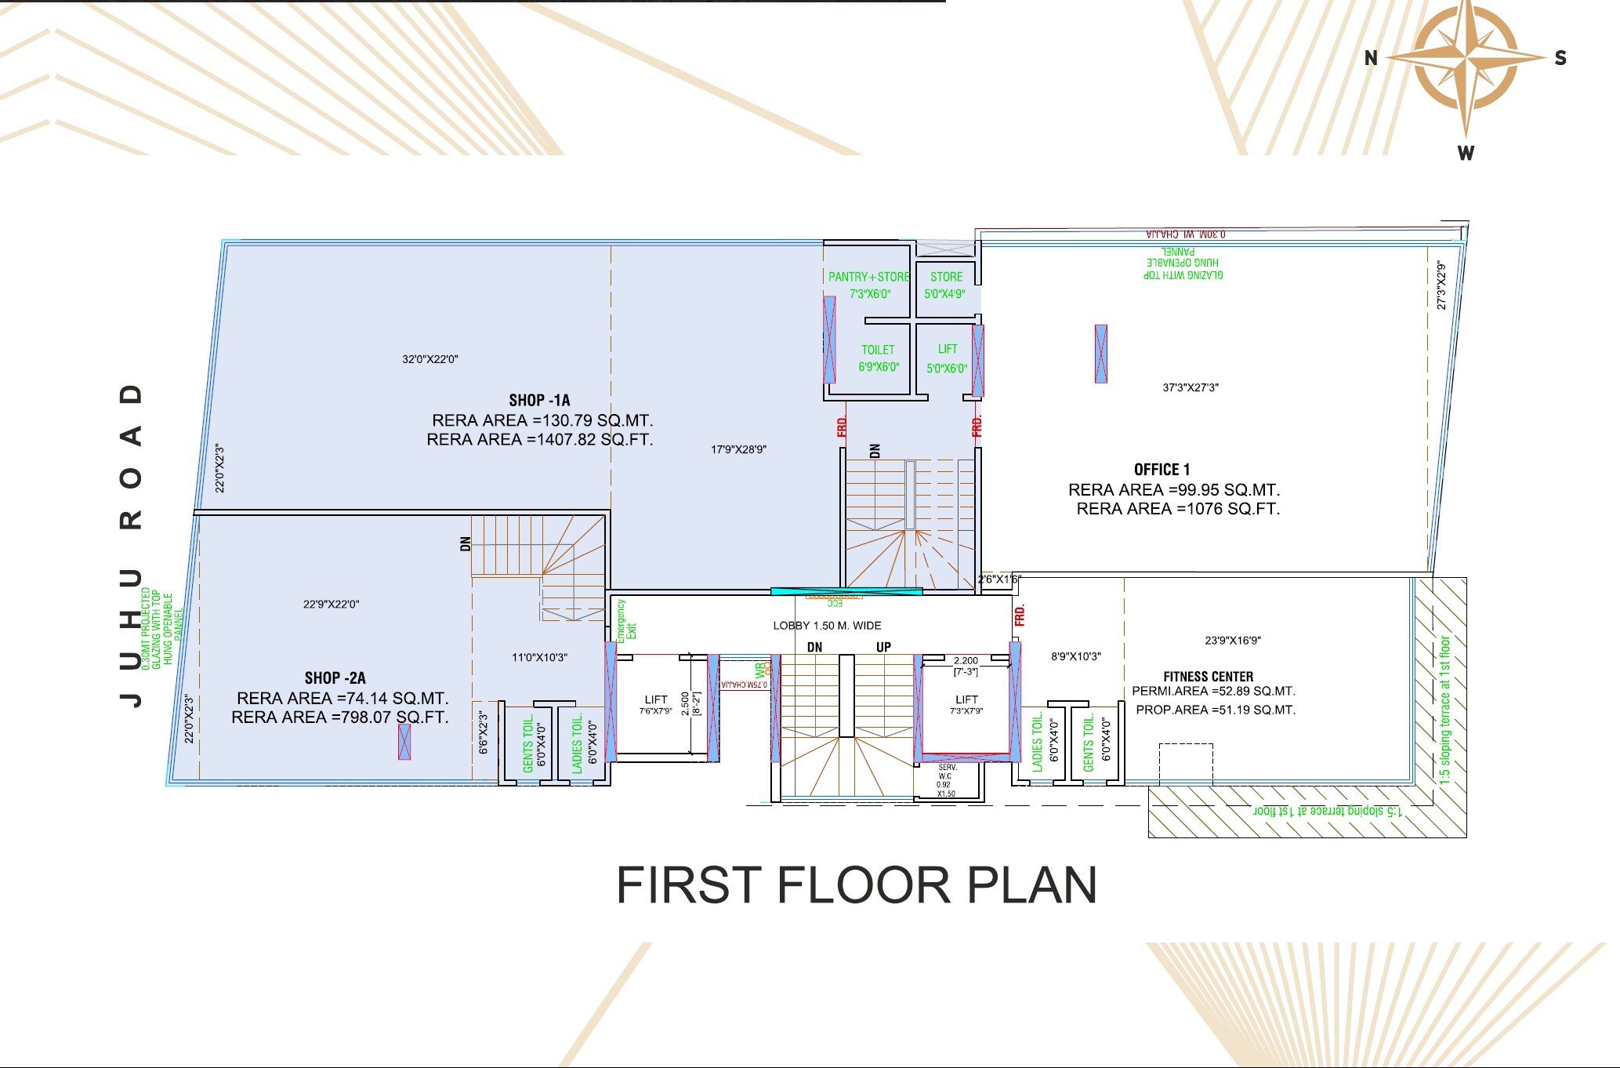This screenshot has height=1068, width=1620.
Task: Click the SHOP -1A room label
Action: click(x=539, y=401)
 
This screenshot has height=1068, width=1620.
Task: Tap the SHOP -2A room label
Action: click(x=335, y=678)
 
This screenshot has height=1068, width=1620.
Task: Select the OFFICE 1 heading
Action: click(x=1162, y=470)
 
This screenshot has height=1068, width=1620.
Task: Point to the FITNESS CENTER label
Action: click(x=1208, y=677)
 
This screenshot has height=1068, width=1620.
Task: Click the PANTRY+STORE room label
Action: click(x=868, y=277)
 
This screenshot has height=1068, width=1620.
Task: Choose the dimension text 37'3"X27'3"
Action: click(x=1190, y=387)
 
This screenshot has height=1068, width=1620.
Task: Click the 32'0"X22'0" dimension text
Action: click(x=429, y=359)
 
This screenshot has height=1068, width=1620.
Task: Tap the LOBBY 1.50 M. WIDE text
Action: click(x=827, y=626)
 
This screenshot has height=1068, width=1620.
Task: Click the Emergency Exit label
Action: click(x=626, y=622)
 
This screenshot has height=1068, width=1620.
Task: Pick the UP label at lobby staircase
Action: click(x=883, y=647)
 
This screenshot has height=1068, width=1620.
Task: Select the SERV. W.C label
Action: click(x=947, y=772)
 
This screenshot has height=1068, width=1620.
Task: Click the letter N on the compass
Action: click(x=1371, y=58)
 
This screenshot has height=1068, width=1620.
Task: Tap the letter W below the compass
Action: click(x=1466, y=154)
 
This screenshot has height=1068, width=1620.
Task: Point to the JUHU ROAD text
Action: click(x=132, y=545)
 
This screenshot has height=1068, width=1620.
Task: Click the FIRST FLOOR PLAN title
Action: click(x=856, y=885)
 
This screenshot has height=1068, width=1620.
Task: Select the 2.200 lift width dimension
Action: click(x=966, y=661)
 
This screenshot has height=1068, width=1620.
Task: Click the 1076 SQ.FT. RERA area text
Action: click(x=1177, y=509)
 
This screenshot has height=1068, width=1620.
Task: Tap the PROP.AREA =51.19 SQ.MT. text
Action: click(x=1215, y=710)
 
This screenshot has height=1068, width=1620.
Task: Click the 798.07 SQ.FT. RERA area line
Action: click(x=339, y=717)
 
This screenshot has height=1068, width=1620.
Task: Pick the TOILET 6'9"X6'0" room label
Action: click(x=878, y=358)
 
